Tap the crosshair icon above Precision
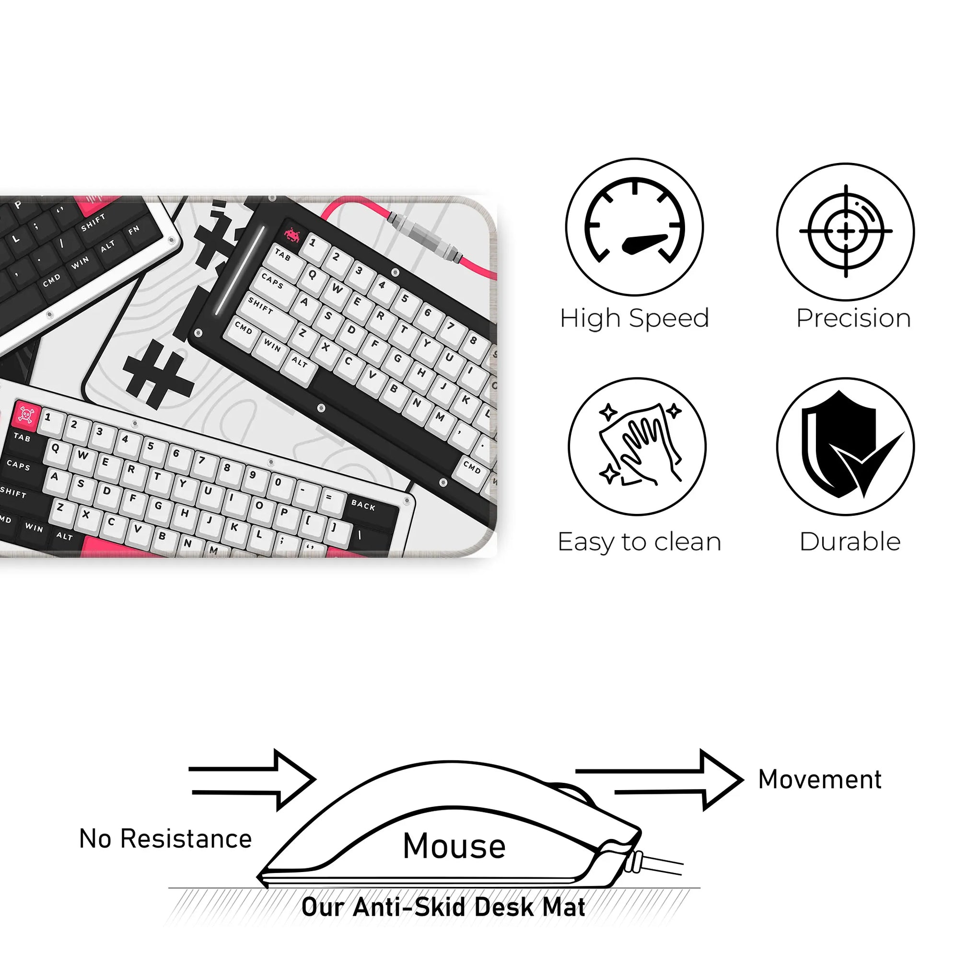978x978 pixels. point(846,232)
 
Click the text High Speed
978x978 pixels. point(635,319)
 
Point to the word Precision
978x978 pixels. point(853,318)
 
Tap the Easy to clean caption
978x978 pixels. point(640,542)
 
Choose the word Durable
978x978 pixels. point(850,542)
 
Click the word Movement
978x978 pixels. point(820,779)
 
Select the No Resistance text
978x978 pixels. point(165,838)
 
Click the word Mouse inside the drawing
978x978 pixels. point(454,846)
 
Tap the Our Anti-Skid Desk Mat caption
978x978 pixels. point(443,907)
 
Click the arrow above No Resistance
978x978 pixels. point(252,780)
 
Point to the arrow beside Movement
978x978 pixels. point(660,780)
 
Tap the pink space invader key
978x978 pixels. point(292,234)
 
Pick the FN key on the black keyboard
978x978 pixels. point(135,231)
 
